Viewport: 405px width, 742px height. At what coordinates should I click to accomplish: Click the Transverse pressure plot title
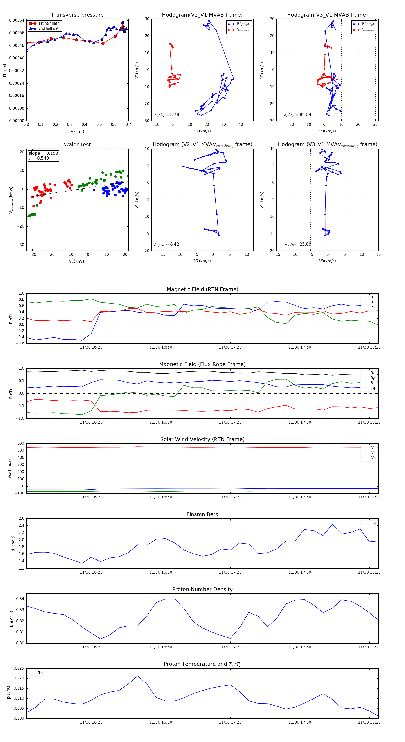pyautogui.click(x=77, y=15)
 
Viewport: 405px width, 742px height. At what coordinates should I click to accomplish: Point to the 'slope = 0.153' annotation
pyautogui.click(x=43, y=153)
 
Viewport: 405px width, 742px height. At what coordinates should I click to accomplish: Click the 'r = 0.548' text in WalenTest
pyautogui.click(x=39, y=158)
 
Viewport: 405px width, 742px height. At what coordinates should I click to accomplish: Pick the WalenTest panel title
pyautogui.click(x=77, y=145)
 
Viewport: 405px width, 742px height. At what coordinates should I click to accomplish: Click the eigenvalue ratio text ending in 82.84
pyautogui.click(x=297, y=115)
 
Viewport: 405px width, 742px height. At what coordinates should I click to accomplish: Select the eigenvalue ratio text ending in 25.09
pyautogui.click(x=297, y=244)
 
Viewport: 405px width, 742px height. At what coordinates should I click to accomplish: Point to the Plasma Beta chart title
pyautogui.click(x=202, y=514)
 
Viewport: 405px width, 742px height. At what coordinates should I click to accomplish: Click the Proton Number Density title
pyautogui.click(x=202, y=589)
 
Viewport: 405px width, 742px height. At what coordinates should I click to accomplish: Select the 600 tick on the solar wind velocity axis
pyautogui.click(x=21, y=443)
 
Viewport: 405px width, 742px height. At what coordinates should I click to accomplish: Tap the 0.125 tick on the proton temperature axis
pyautogui.click(x=19, y=668)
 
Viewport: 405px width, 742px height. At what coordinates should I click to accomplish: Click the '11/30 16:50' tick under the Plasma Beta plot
pyautogui.click(x=161, y=572)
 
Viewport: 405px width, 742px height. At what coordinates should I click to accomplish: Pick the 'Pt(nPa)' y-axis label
pyautogui.click(x=4, y=70)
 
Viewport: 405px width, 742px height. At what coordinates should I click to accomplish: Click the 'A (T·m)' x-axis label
pyautogui.click(x=77, y=132)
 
